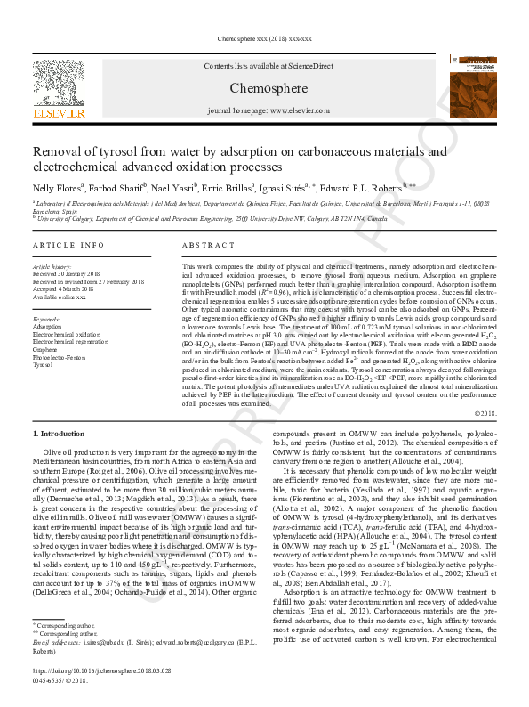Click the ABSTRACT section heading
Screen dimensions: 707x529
208,245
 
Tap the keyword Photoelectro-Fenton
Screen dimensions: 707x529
59,358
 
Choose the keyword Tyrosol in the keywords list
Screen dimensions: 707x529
43,365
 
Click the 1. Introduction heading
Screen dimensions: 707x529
60,433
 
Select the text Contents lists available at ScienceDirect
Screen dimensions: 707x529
268,67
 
